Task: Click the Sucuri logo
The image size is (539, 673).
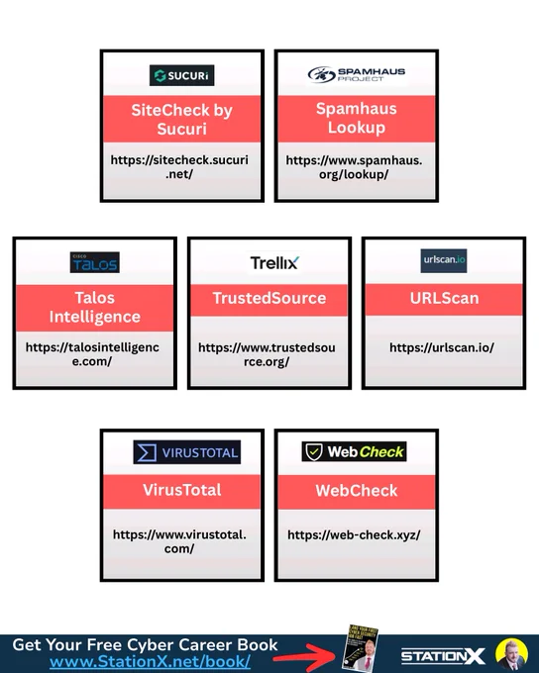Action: click(181, 75)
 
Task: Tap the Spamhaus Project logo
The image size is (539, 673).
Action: click(357, 74)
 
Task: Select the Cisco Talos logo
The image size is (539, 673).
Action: click(95, 262)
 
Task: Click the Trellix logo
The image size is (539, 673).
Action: click(274, 262)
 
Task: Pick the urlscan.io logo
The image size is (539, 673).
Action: click(444, 260)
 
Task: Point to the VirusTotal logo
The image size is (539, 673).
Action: click(187, 452)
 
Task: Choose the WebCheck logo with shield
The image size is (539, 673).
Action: click(354, 451)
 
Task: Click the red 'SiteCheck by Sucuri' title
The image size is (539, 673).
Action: click(182, 120)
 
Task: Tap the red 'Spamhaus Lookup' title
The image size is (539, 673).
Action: click(357, 118)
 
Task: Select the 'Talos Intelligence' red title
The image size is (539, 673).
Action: click(94, 308)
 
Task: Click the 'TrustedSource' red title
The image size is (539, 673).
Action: click(269, 298)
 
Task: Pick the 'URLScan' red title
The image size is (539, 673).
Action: click(444, 298)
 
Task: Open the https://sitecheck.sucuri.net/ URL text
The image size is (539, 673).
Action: click(179, 167)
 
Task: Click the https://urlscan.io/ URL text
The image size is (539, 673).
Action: click(442, 347)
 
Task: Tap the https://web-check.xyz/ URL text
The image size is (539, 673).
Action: click(354, 534)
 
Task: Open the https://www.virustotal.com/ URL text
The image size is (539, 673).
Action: click(179, 541)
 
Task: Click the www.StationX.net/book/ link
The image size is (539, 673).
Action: click(150, 661)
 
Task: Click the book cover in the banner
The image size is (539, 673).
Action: click(361, 647)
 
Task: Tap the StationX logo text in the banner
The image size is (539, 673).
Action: click(443, 656)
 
